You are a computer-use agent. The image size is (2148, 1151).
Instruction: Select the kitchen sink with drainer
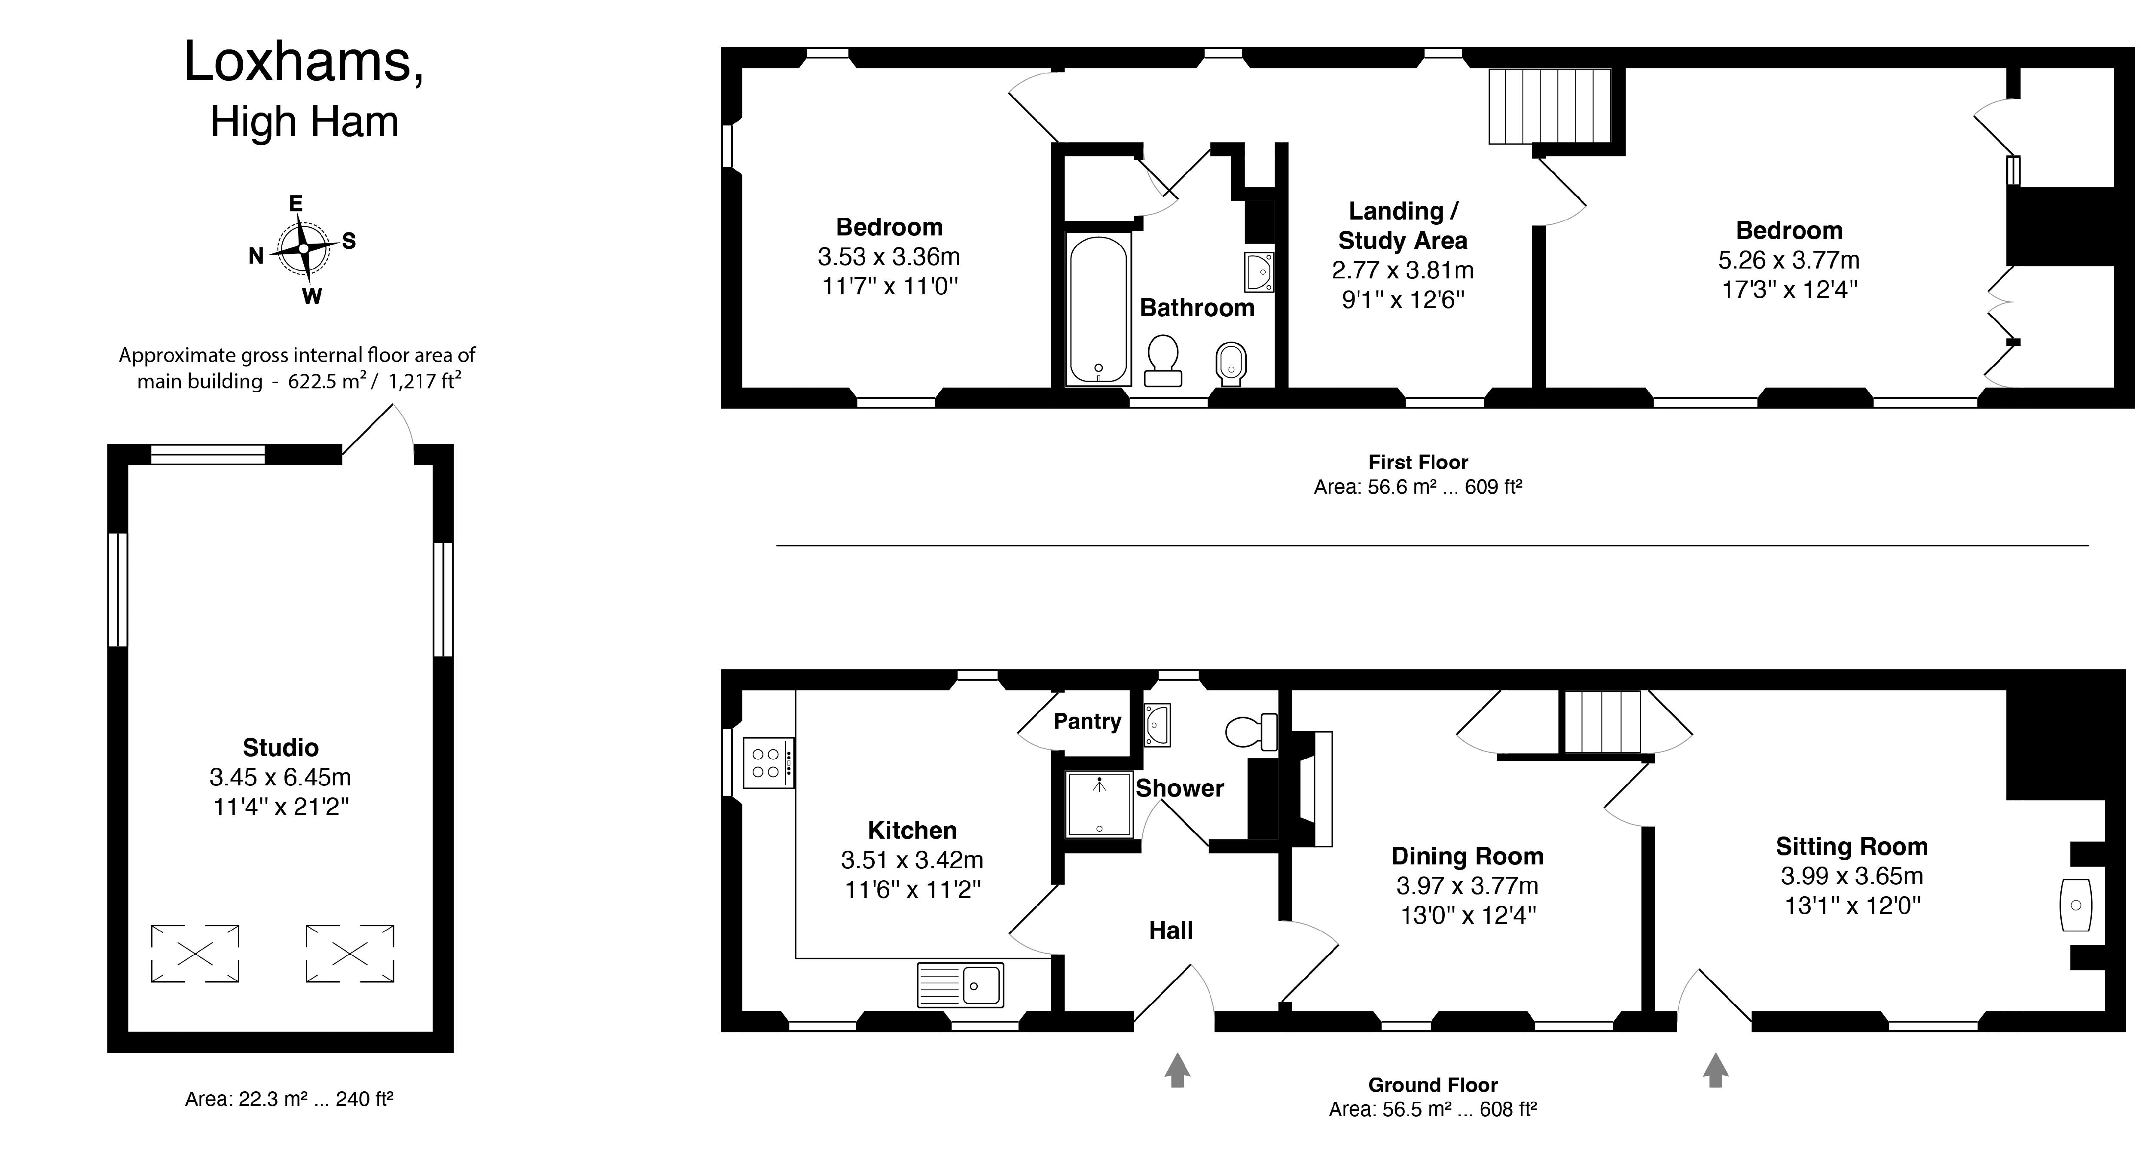(x=960, y=985)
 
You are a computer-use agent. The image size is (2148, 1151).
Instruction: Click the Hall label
(x=1171, y=930)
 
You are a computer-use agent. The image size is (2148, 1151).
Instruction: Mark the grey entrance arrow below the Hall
(x=1177, y=1070)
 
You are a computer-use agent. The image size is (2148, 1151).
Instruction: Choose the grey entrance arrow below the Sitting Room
(x=1715, y=1070)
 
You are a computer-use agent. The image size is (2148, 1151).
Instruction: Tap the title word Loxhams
(x=304, y=62)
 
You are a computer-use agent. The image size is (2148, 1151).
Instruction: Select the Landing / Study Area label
(x=1403, y=225)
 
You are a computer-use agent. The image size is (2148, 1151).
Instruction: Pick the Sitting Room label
(x=1851, y=846)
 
